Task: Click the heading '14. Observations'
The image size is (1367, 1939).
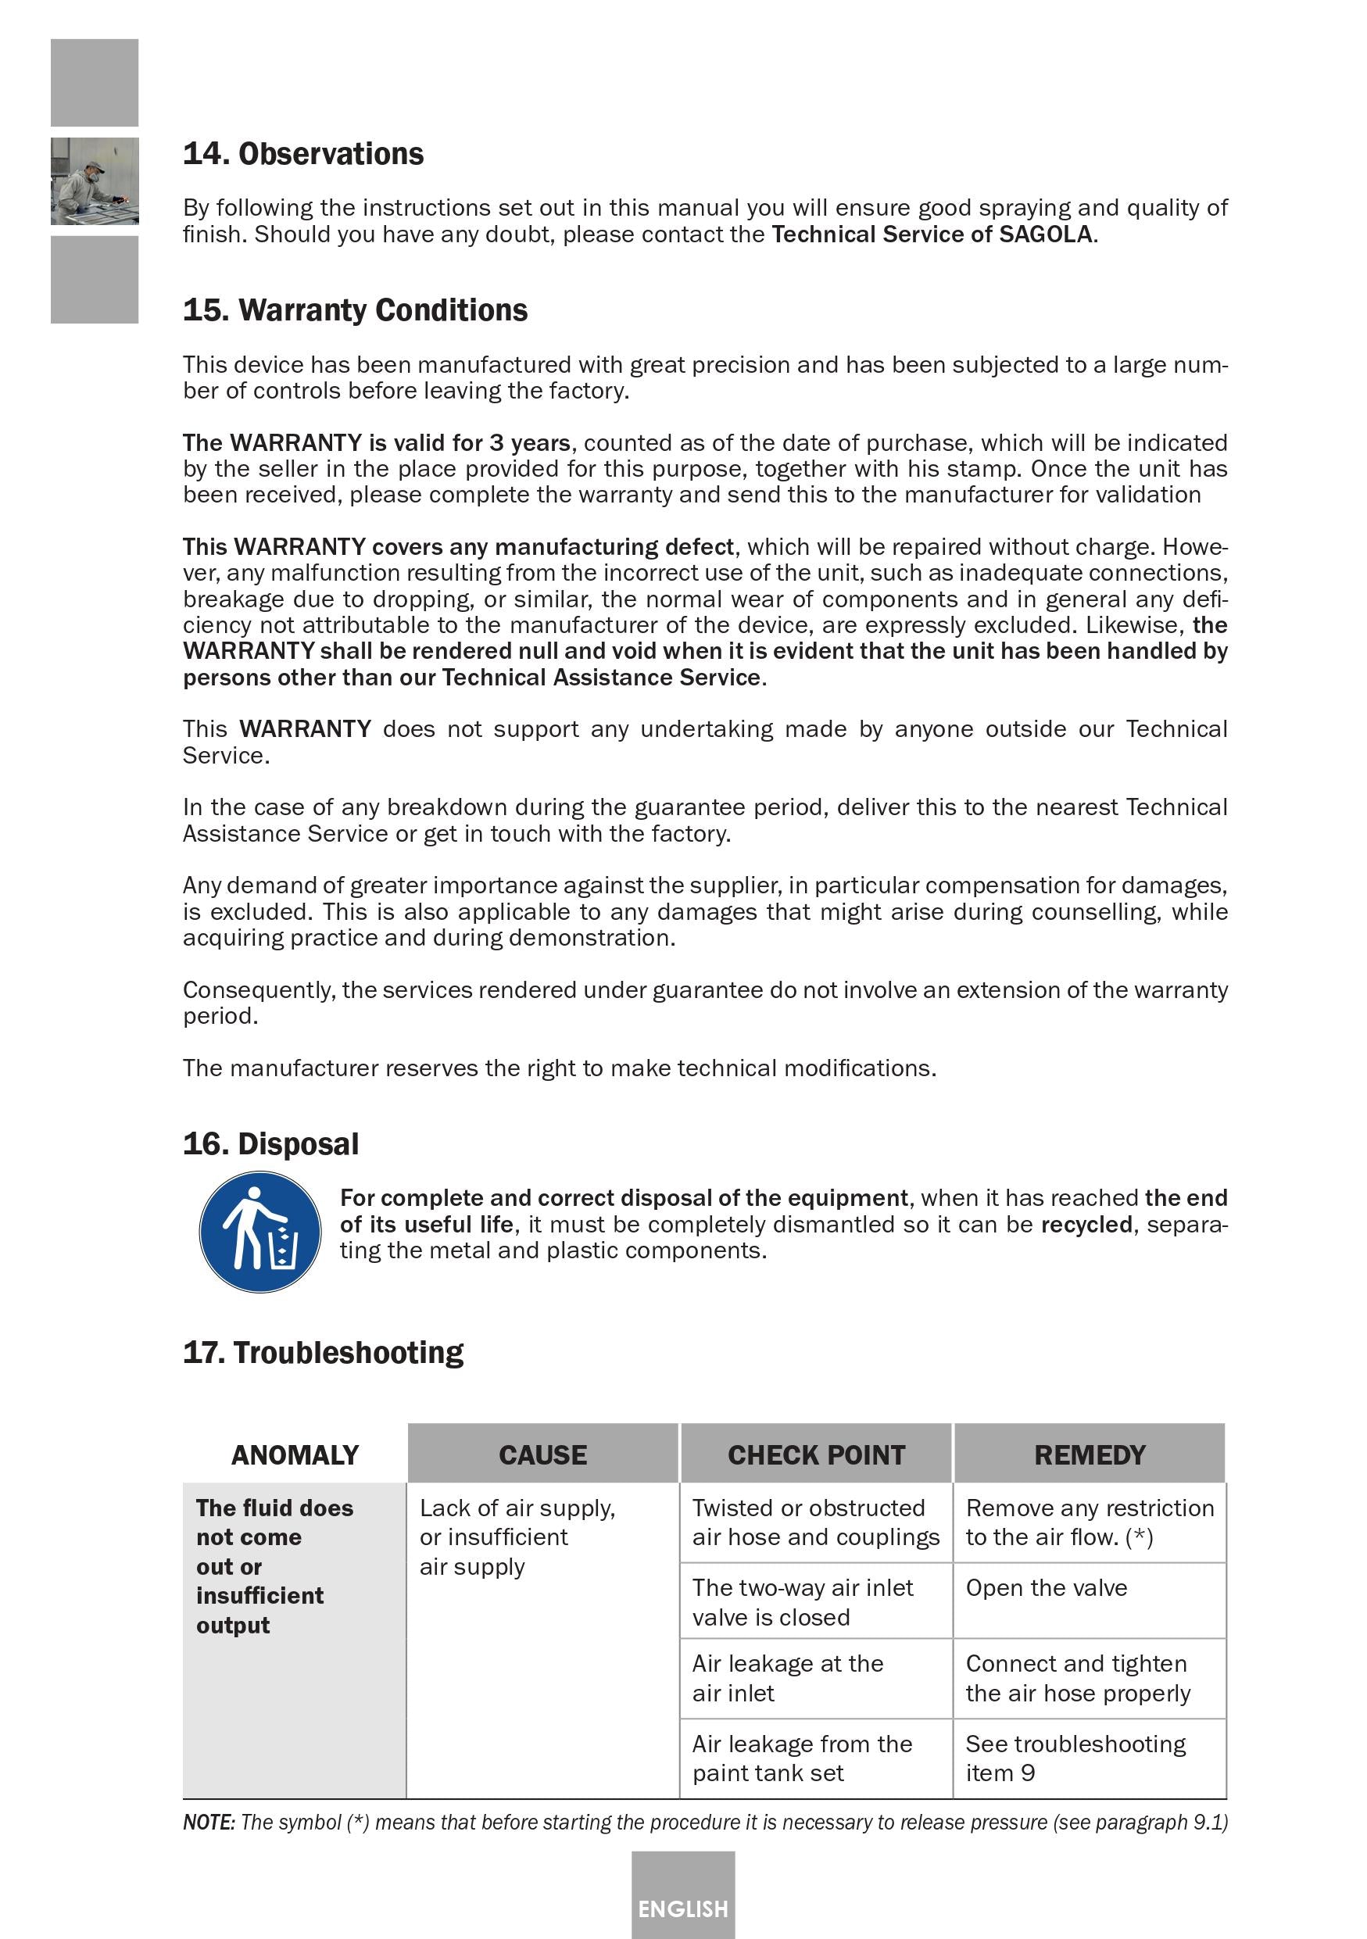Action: pos(303,155)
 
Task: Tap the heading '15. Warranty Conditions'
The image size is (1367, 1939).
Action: pos(355,311)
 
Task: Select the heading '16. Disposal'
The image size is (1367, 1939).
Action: pos(270,1144)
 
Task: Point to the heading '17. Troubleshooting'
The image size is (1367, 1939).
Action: pos(323,1353)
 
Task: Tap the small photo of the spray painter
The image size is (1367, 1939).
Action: pos(95,181)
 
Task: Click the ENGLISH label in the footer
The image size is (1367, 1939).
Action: pos(682,1909)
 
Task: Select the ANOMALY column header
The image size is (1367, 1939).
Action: pos(295,1455)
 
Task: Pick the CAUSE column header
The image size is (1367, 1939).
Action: pos(542,1455)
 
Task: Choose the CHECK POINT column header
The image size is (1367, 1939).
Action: pos(816,1455)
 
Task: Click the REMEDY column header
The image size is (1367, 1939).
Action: pos(1090,1455)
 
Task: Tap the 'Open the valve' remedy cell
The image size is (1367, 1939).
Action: pos(1046,1589)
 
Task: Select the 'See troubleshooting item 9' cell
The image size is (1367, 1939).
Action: pos(1075,1758)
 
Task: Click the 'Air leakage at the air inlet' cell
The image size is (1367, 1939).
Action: pos(787,1678)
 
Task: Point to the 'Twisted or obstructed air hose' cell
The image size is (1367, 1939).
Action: pos(814,1522)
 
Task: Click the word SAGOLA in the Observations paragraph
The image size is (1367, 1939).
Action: pos(1045,234)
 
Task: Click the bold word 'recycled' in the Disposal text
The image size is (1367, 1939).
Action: pos(1086,1225)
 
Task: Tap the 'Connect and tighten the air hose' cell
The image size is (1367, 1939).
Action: pos(1076,1678)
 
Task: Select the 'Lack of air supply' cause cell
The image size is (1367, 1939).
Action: pos(517,1537)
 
